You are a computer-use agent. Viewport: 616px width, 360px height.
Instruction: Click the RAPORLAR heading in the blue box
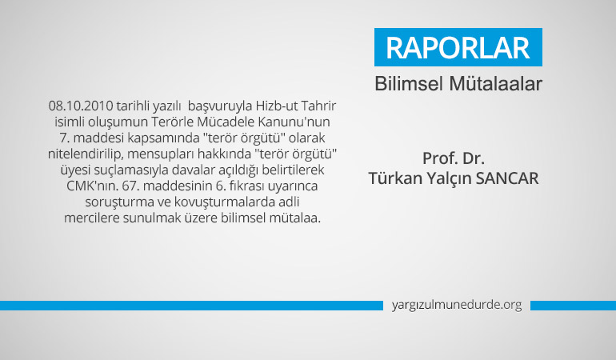pyautogui.click(x=458, y=48)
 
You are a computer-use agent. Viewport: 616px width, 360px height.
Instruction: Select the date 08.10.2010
pyautogui.click(x=81, y=106)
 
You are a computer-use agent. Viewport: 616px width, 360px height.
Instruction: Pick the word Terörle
pyautogui.click(x=172, y=122)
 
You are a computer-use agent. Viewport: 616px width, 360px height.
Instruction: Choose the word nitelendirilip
pyautogui.click(x=85, y=154)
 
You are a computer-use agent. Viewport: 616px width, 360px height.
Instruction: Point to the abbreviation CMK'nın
pyautogui.click(x=92, y=186)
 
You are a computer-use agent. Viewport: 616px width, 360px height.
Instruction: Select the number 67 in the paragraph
pyautogui.click(x=128, y=186)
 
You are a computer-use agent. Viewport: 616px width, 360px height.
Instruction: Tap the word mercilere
pyautogui.click(x=92, y=218)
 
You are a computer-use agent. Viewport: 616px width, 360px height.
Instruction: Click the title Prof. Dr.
pyautogui.click(x=454, y=158)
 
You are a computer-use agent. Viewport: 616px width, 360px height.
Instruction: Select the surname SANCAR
pyautogui.click(x=507, y=178)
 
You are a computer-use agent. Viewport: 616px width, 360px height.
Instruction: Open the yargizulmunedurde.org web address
pyautogui.click(x=457, y=305)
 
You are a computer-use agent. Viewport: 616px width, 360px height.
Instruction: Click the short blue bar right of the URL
pyautogui.click(x=573, y=306)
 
